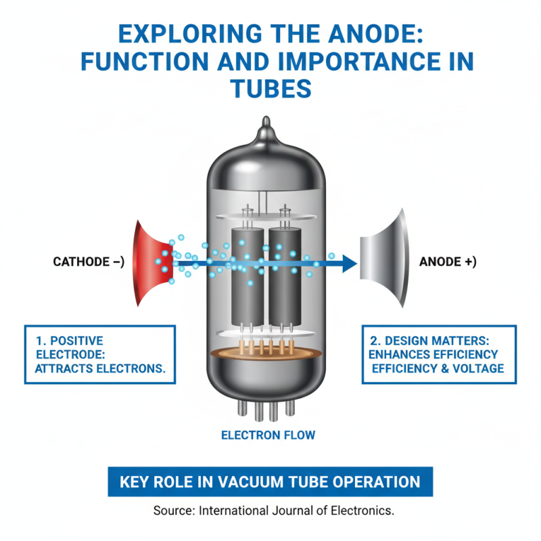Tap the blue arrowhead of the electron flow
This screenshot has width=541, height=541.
pyautogui.click(x=349, y=262)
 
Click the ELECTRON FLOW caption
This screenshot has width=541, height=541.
pyautogui.click(x=268, y=435)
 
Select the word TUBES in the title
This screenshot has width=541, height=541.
pyautogui.click(x=270, y=88)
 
